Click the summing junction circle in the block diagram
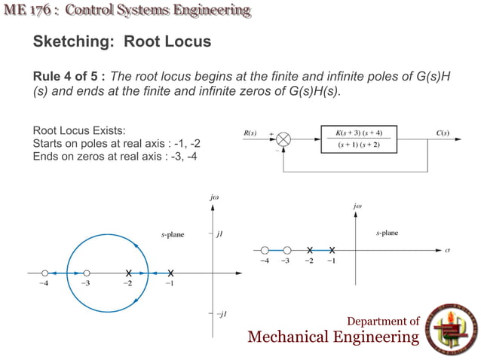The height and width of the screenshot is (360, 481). pos(284,140)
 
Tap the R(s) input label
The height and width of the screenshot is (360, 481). pos(251,133)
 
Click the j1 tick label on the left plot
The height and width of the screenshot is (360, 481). pos(222,234)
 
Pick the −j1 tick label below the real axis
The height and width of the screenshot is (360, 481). pos(222,313)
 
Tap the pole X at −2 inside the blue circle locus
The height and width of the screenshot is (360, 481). pos(129,272)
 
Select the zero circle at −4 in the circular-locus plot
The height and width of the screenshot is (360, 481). pos(44,272)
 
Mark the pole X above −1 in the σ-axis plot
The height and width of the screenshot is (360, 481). pos(332,249)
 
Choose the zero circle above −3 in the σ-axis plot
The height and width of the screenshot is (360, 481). pos(286,249)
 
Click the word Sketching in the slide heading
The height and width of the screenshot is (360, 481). pos(68,42)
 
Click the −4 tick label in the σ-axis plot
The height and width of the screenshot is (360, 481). pos(264,261)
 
